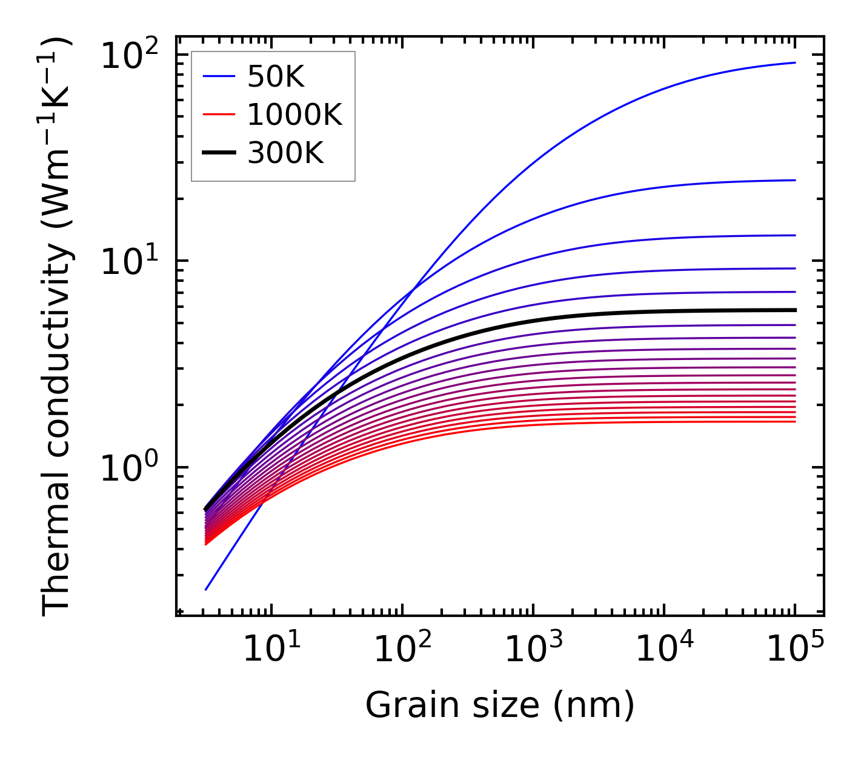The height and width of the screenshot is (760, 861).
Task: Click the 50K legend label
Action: coord(276,77)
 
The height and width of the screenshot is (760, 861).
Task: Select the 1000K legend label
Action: coord(294,115)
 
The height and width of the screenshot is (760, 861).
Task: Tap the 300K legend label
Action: coord(285,154)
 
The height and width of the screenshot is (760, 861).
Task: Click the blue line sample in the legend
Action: coord(218,76)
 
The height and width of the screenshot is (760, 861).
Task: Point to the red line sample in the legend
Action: coord(218,115)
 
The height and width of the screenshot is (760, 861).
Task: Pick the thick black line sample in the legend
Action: coord(218,153)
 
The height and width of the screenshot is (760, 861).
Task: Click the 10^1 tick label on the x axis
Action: coord(270,650)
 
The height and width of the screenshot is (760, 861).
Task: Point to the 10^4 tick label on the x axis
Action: coord(663,650)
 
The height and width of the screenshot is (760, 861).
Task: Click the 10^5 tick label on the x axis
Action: coord(794,650)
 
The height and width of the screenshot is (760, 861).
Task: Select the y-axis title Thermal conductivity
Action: coord(58,327)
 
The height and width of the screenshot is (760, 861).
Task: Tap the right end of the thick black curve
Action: coord(795,310)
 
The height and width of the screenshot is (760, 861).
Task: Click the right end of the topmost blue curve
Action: coord(795,62)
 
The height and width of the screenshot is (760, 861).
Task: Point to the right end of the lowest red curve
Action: coord(795,421)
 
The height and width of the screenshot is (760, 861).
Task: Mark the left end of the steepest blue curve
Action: coord(206,589)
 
